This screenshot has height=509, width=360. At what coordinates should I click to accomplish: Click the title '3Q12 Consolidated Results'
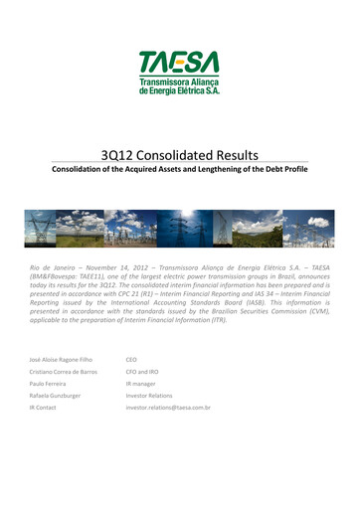180,155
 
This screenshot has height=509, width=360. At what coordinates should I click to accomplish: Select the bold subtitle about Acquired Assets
180,170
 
